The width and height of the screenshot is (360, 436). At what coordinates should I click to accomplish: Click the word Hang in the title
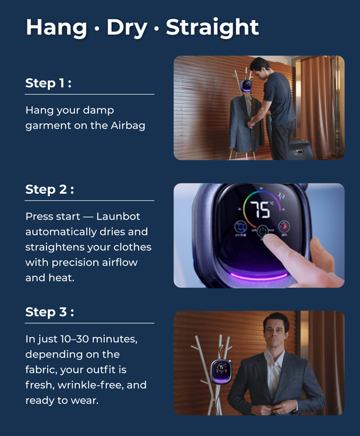(57, 28)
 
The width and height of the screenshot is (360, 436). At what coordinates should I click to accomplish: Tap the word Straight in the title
(212, 28)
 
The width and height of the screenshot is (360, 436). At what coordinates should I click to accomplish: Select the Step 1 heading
(48, 83)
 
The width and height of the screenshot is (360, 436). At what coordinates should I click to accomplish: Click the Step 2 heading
(50, 189)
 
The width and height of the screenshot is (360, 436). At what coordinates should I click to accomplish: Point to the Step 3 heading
(50, 312)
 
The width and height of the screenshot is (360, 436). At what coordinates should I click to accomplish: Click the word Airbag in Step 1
(128, 126)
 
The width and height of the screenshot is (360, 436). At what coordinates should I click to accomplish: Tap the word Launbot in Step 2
(118, 216)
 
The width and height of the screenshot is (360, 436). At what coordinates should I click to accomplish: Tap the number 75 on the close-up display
(260, 210)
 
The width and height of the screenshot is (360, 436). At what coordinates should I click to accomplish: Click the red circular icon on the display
(284, 226)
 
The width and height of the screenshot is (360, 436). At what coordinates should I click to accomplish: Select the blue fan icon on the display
(240, 226)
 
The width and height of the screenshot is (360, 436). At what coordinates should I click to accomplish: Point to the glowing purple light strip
(259, 276)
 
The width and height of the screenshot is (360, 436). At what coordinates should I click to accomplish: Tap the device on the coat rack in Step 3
(221, 371)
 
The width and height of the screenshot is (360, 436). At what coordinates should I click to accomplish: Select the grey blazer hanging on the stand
(246, 124)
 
